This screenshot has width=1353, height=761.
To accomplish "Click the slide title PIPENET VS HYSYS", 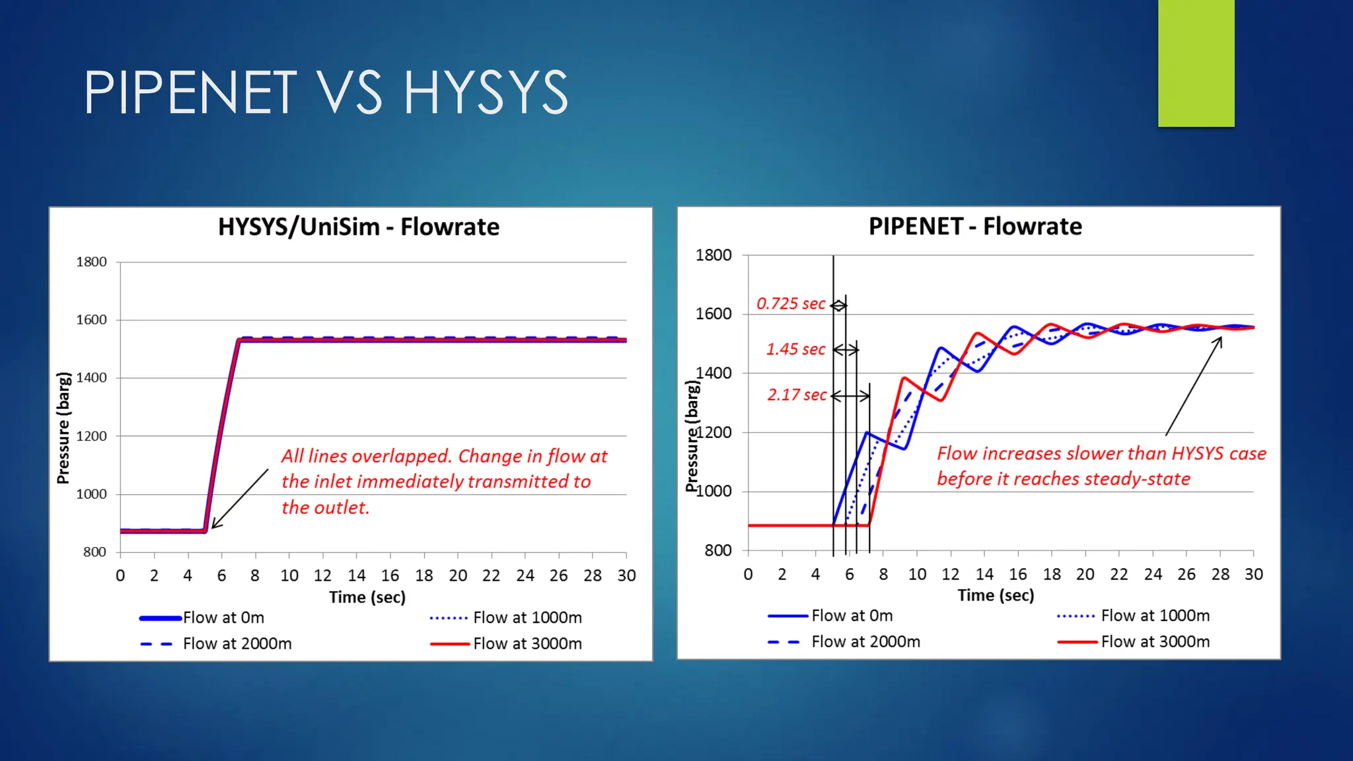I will point(326,92).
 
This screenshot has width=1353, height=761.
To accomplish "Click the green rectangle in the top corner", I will point(1196,63).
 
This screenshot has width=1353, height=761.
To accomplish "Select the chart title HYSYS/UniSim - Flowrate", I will point(359,227).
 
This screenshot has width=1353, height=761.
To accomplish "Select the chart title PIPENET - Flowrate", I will point(975,227).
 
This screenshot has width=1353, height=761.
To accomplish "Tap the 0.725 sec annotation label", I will point(791,304).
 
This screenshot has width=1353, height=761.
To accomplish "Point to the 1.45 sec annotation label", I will point(795,349).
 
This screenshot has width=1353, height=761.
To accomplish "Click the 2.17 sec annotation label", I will point(797,395).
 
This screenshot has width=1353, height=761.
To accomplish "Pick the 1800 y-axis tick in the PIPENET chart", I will point(713,256).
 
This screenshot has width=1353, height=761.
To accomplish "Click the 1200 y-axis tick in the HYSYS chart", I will point(91,437).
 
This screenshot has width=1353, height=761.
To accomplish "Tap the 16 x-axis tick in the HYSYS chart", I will point(390,576).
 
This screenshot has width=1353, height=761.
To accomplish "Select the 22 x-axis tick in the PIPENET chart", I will point(1119,575).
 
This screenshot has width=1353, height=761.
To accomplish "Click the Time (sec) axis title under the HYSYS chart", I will point(367,598).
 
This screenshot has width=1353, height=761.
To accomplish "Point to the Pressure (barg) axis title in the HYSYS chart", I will point(63,428).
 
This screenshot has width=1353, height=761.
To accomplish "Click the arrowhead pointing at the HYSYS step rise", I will point(214,526).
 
